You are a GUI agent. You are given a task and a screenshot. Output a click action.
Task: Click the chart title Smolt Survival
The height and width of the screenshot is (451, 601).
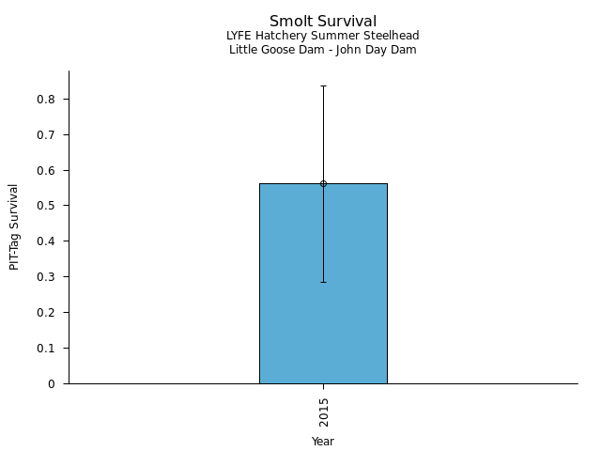[x=323, y=21]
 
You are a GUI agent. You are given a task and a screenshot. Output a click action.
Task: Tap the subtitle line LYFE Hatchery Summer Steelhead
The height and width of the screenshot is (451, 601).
[x=323, y=36]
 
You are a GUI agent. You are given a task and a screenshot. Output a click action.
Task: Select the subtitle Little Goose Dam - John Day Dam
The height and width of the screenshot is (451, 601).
[x=323, y=50]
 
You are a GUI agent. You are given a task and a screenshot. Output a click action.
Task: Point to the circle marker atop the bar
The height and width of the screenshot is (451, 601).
[x=323, y=184]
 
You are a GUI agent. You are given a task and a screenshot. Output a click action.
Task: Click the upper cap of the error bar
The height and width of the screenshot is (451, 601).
[x=323, y=86]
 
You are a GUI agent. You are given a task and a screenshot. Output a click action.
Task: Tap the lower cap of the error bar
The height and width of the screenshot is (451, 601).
[x=323, y=282]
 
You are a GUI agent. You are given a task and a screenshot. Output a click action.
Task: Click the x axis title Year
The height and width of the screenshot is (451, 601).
[x=323, y=441]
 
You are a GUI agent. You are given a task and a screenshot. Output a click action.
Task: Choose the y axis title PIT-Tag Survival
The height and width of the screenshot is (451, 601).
[x=14, y=226]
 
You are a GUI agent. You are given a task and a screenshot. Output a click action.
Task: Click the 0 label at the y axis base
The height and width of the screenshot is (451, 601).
[x=53, y=383]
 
